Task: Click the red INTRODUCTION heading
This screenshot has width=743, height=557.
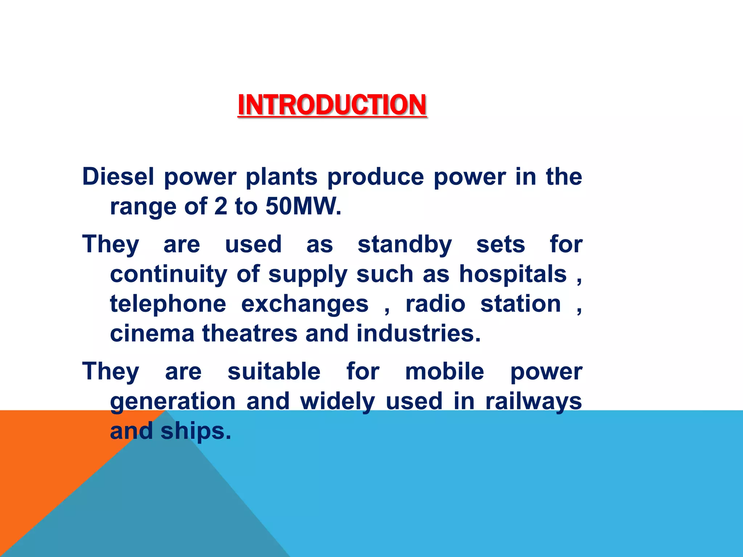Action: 332,105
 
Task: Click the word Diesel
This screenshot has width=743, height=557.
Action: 118,177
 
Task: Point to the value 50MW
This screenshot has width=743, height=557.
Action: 303,207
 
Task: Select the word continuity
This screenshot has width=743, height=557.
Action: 168,275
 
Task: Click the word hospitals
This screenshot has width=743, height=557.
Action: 513,275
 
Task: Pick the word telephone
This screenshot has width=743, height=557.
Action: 168,304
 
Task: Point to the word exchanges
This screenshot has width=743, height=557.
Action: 305,304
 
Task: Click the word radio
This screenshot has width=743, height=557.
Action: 435,304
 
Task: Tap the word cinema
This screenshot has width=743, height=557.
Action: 152,334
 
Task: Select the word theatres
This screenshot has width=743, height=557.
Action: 250,334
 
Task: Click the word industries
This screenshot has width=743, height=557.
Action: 418,334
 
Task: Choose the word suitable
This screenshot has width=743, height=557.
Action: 274,372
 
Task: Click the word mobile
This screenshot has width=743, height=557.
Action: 444,372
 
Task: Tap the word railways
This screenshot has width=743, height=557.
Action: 533,402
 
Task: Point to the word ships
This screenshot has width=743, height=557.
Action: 195,432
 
